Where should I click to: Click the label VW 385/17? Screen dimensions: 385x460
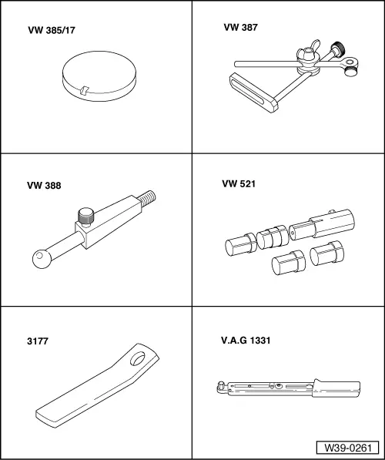pyautogui.click(x=52, y=30)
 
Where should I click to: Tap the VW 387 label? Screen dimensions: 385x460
pyautogui.click(x=240, y=27)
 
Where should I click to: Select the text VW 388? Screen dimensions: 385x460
pyautogui.click(x=44, y=186)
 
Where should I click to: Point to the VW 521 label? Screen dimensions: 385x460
pyautogui.click(x=239, y=184)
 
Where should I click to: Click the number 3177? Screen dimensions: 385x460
pyautogui.click(x=38, y=341)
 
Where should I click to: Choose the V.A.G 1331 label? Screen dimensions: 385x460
pyautogui.click(x=246, y=341)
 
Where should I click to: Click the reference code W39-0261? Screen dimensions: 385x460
pyautogui.click(x=348, y=448)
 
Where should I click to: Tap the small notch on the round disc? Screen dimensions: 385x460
pyautogui.click(x=84, y=90)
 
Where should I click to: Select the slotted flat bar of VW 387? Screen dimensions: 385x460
pyautogui.click(x=253, y=92)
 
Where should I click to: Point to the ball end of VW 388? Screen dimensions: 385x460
pyautogui.click(x=42, y=259)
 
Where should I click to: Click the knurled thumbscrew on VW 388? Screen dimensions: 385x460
pyautogui.click(x=86, y=217)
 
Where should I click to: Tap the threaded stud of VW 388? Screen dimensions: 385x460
pyautogui.click(x=147, y=198)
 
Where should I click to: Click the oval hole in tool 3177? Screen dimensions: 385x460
pyautogui.click(x=137, y=358)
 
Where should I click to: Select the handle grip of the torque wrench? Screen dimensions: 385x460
pyautogui.click(x=336, y=388)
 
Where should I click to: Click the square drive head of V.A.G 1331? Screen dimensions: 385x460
pyautogui.click(x=220, y=387)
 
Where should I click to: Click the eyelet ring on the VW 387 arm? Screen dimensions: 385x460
pyautogui.click(x=349, y=62)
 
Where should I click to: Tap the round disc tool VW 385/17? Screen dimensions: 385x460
pyautogui.click(x=99, y=76)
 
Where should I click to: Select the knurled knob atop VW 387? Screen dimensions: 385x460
pyautogui.click(x=338, y=49)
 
